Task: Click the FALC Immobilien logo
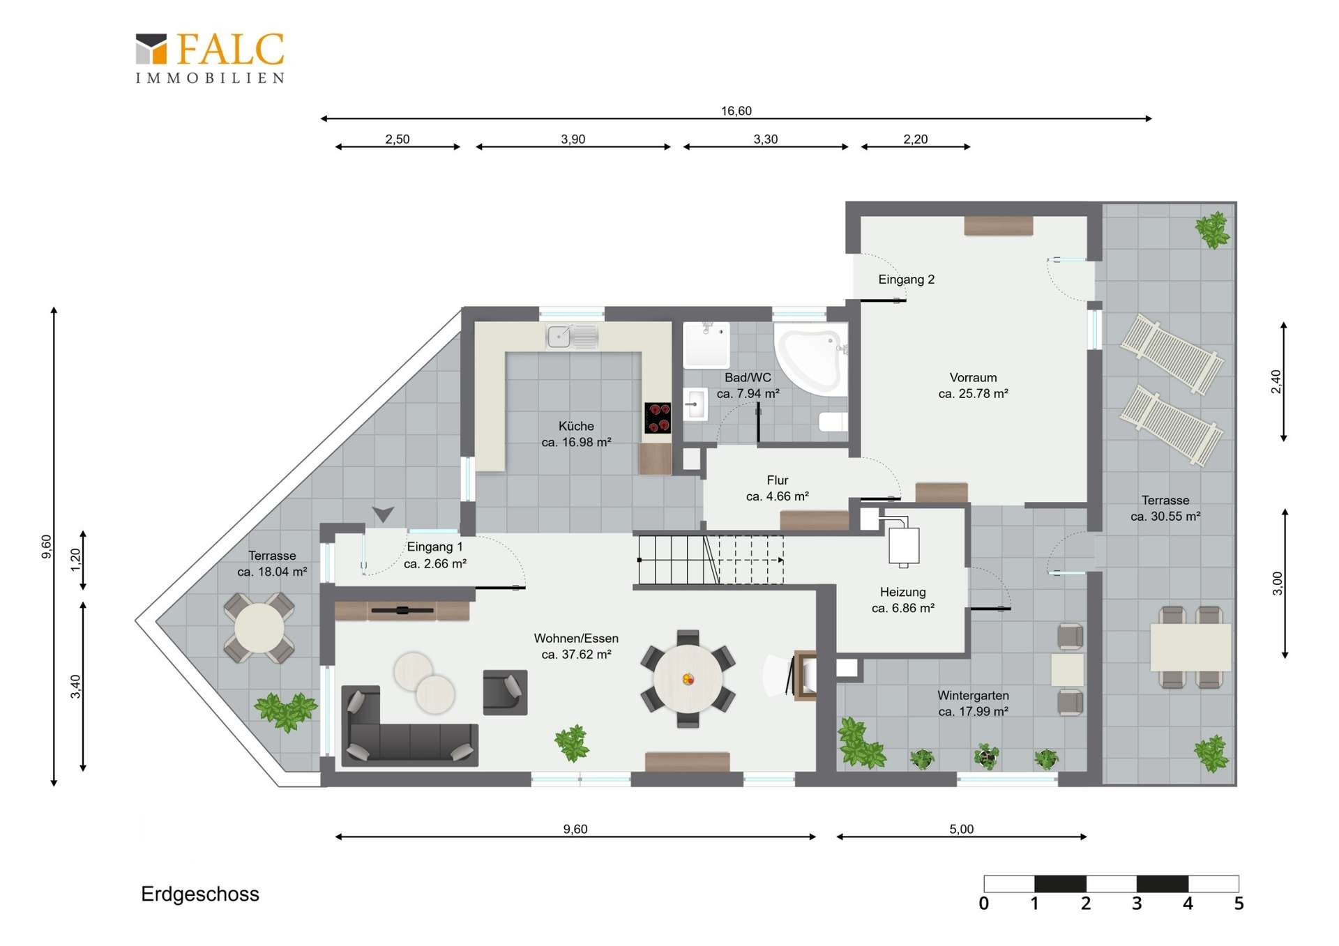point(210,59)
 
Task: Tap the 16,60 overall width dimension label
point(736,111)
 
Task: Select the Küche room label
point(576,426)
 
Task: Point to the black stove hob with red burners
point(658,418)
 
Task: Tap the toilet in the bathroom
point(833,421)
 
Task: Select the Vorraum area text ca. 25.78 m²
point(973,394)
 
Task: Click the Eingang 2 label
point(906,280)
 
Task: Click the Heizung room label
point(902,592)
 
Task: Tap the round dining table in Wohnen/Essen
point(688,679)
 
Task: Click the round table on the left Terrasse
point(259,628)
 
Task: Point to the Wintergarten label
point(973,695)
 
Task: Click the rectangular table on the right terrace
point(1190,647)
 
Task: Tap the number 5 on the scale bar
point(1239,903)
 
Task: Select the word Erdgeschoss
point(200,894)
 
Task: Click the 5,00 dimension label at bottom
point(961,829)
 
